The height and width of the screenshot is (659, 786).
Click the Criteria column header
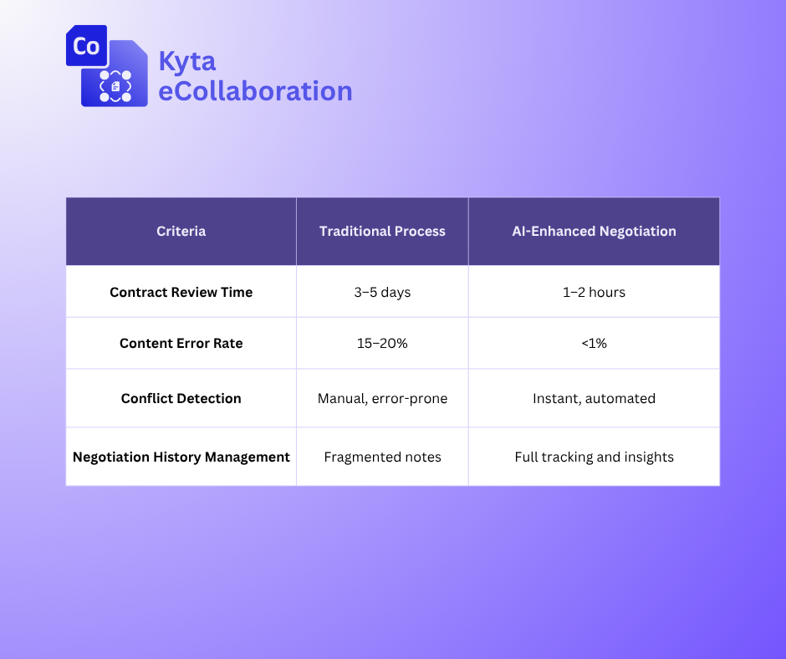[181, 231]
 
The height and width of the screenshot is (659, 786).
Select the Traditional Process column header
[382, 231]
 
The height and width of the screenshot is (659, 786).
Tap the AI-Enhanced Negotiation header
[594, 231]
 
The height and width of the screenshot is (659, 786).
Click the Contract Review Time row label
[181, 292]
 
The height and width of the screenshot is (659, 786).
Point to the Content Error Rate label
[181, 343]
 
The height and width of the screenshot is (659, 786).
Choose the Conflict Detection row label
[181, 398]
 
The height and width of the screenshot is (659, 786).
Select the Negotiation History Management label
[181, 457]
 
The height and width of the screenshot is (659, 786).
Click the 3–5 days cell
[382, 293]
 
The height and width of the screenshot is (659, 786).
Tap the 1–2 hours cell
[594, 292]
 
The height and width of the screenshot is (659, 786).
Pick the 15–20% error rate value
[382, 343]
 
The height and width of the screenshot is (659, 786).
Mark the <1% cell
[594, 343]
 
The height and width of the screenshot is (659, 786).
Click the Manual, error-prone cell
[382, 399]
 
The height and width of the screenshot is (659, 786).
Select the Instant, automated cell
[594, 399]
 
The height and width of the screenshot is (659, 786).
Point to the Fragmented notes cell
[382, 457]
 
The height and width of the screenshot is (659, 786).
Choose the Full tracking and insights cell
[594, 457]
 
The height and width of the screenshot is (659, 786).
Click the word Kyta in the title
[187, 62]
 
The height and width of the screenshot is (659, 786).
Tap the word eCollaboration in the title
[255, 91]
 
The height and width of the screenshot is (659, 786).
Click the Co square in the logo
[87, 46]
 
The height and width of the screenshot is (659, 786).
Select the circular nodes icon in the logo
[115, 86]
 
